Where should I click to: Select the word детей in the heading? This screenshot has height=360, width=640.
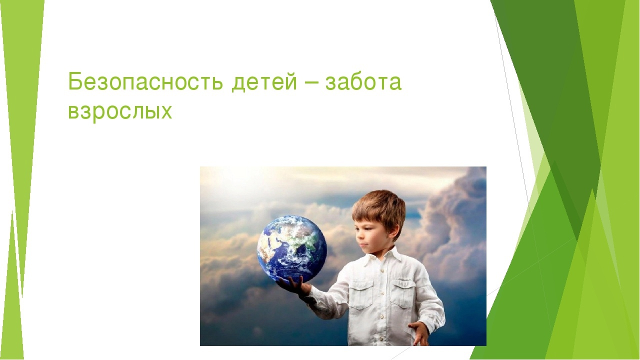264,82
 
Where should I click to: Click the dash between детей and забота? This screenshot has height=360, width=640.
311,83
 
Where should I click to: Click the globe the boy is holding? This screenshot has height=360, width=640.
291,249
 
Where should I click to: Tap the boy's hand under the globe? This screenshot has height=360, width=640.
294,287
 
